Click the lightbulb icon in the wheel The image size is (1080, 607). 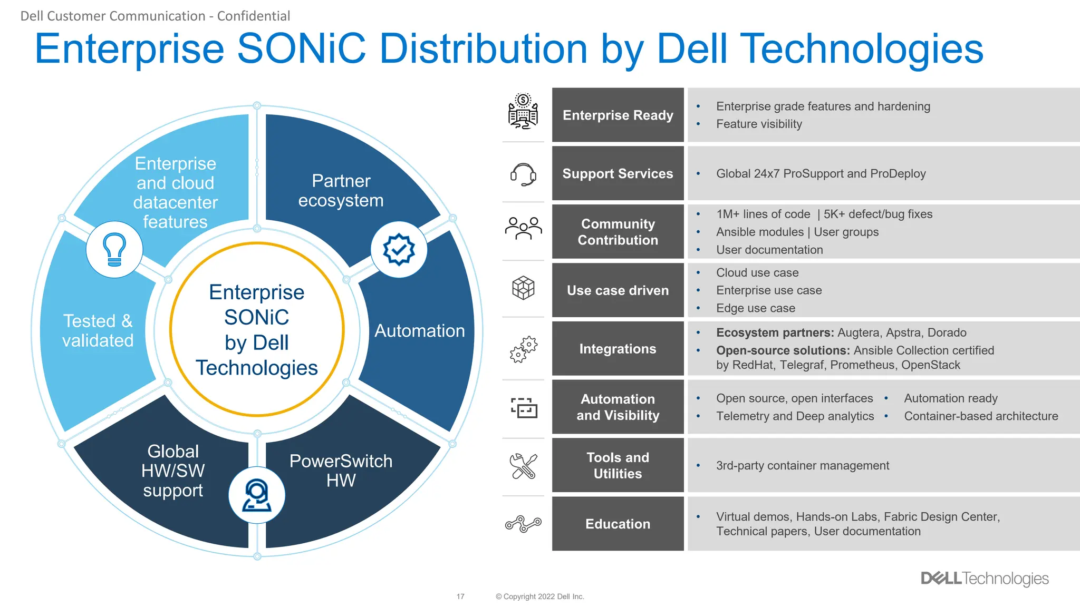click(x=114, y=249)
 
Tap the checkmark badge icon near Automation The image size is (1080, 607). click(x=399, y=249)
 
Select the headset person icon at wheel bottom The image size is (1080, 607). click(x=257, y=495)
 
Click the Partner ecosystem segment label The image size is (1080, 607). click(x=341, y=191)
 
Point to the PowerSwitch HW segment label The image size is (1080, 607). click(x=341, y=471)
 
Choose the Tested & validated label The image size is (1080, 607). click(x=98, y=330)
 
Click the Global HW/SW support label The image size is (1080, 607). click(x=173, y=471)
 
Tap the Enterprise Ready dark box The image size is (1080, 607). click(x=618, y=115)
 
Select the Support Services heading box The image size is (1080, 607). click(x=618, y=173)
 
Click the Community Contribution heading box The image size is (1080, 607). click(x=618, y=232)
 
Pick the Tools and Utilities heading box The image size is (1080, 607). click(x=618, y=465)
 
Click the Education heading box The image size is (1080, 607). click(x=618, y=524)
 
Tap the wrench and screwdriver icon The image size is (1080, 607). click(x=523, y=466)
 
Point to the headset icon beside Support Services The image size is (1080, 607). click(x=523, y=174)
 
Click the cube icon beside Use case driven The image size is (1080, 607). click(x=523, y=288)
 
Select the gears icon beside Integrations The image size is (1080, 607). click(x=523, y=349)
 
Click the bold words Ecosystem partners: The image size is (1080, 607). click(x=775, y=332)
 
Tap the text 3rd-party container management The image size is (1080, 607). click(x=802, y=465)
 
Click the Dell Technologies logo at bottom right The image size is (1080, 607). click(x=985, y=578)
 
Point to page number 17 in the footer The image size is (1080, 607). click(x=460, y=596)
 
